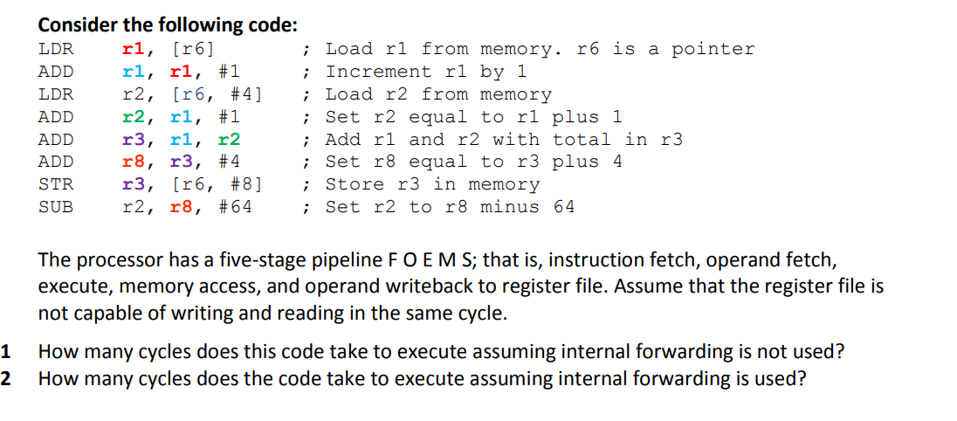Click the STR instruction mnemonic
[56, 184]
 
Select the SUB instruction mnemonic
[56, 207]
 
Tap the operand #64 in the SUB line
[235, 207]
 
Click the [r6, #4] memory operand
[217, 94]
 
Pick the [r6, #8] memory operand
[217, 184]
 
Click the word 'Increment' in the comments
[378, 72]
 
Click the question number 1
[6, 353]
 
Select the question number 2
[6, 379]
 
